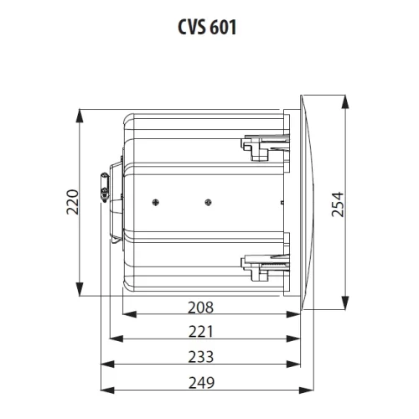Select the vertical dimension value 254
tap(337, 202)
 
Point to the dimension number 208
tap(201, 308)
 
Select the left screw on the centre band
tap(156, 201)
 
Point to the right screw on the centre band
tap(208, 201)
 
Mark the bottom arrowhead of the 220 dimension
tap(80, 292)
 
